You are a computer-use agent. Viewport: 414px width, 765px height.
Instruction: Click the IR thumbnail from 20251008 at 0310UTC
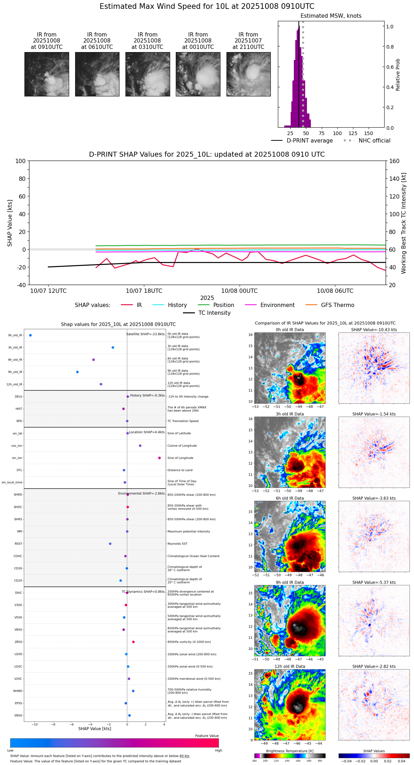[147, 74]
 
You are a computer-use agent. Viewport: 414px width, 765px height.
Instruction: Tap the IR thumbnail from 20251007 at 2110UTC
[248, 74]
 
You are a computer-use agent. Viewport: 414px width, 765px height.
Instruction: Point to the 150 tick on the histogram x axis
[369, 133]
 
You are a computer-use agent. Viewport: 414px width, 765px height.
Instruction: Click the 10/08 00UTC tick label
[239, 291]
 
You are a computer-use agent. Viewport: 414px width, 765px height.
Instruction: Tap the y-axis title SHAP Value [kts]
[10, 223]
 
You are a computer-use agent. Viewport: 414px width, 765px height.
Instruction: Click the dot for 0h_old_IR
[30, 335]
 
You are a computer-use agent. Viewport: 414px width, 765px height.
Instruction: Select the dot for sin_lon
[160, 458]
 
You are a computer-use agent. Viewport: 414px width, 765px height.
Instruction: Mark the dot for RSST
[110, 544]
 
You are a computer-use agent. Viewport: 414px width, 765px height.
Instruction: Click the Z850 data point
[133, 642]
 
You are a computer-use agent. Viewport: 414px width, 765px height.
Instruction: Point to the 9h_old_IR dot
[77, 372]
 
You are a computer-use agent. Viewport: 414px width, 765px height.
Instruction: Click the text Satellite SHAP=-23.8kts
[145, 334]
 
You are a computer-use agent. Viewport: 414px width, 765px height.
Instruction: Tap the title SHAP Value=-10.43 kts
[374, 330]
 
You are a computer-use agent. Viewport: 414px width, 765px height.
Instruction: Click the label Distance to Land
[180, 470]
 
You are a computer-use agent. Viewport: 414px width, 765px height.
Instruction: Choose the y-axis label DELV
[18, 397]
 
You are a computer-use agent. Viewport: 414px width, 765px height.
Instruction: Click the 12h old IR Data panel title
[290, 666]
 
